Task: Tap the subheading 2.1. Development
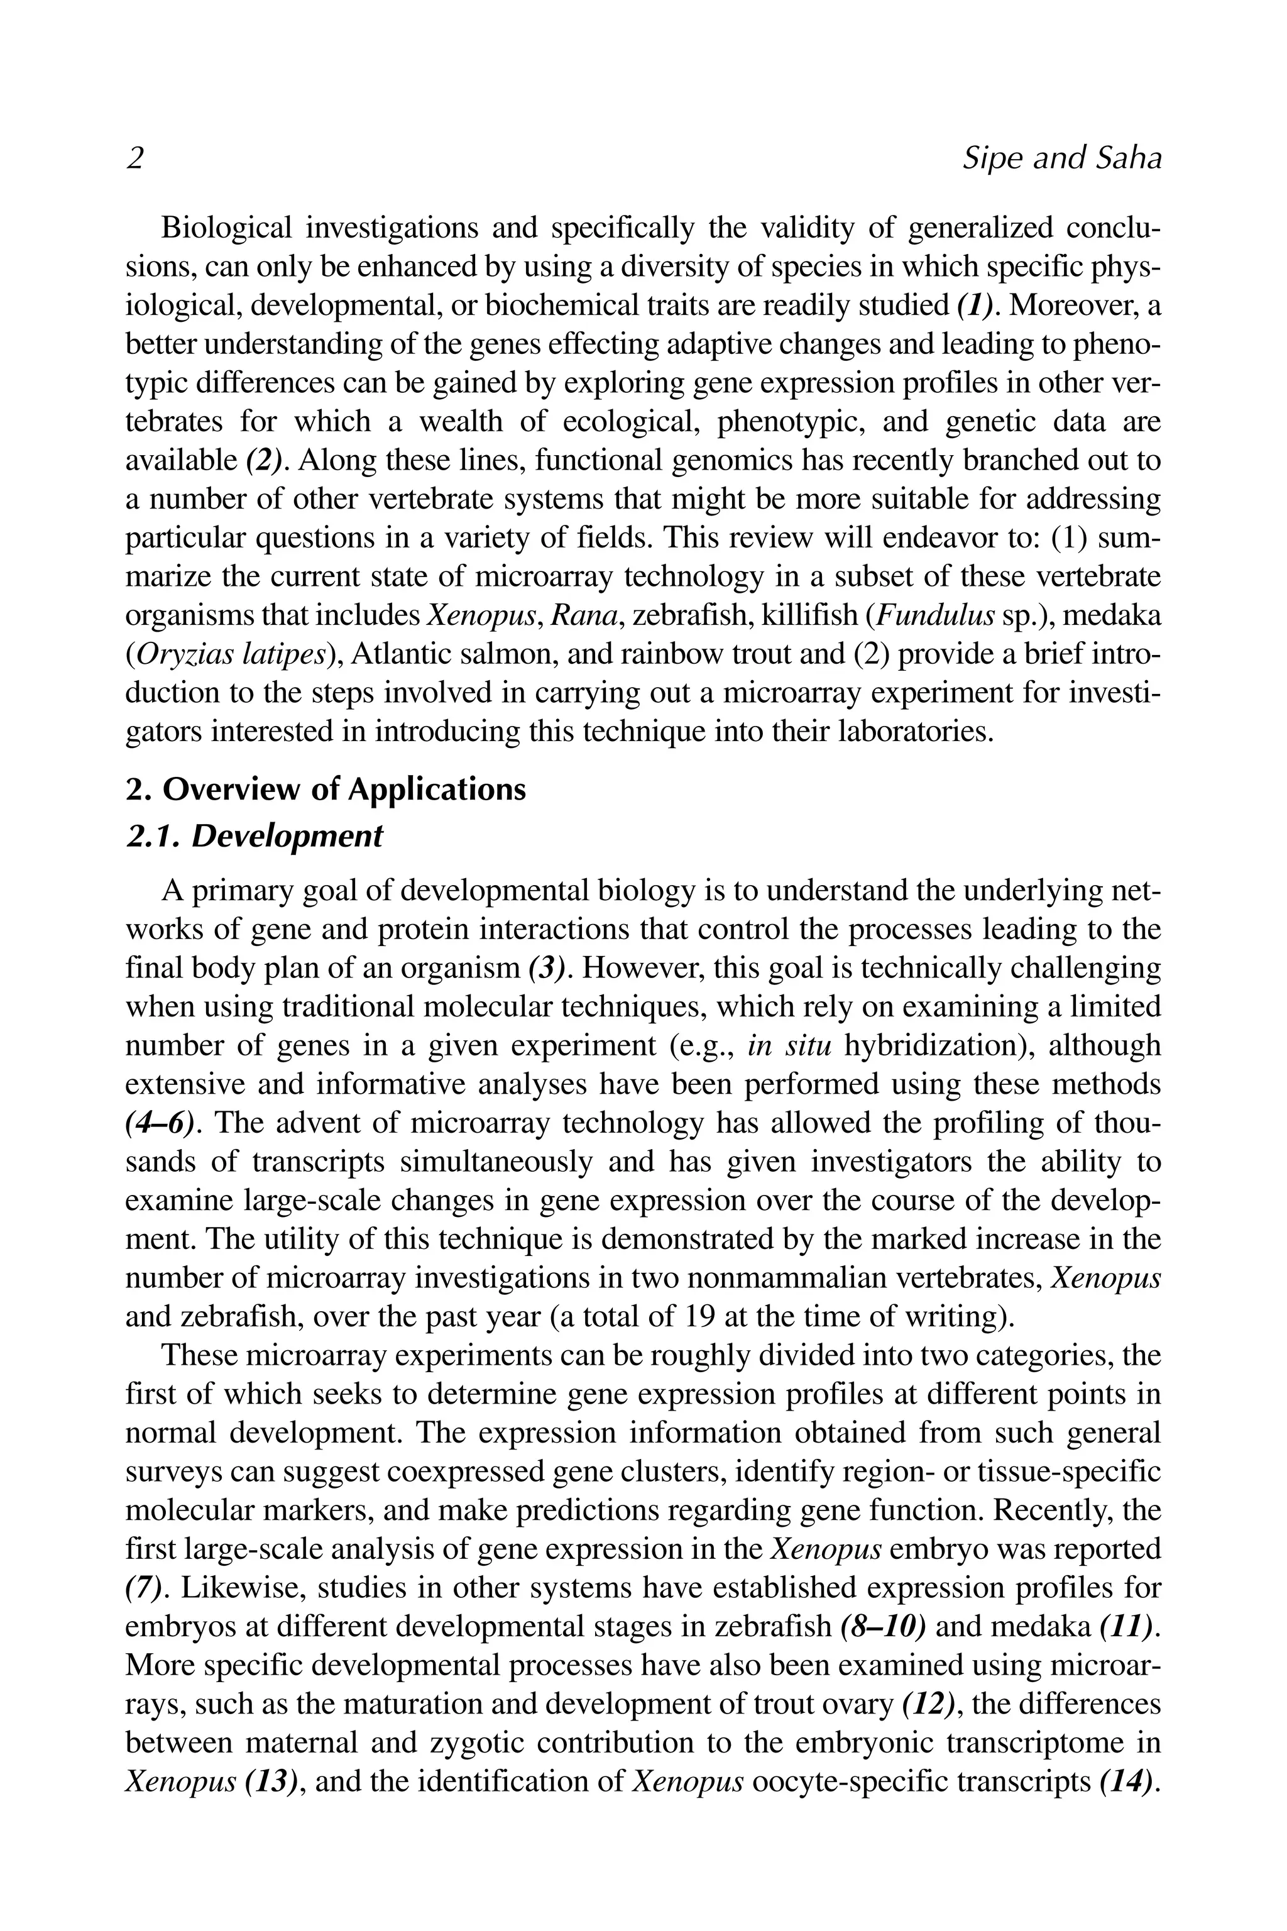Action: click(254, 836)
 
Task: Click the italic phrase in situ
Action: click(791, 1046)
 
